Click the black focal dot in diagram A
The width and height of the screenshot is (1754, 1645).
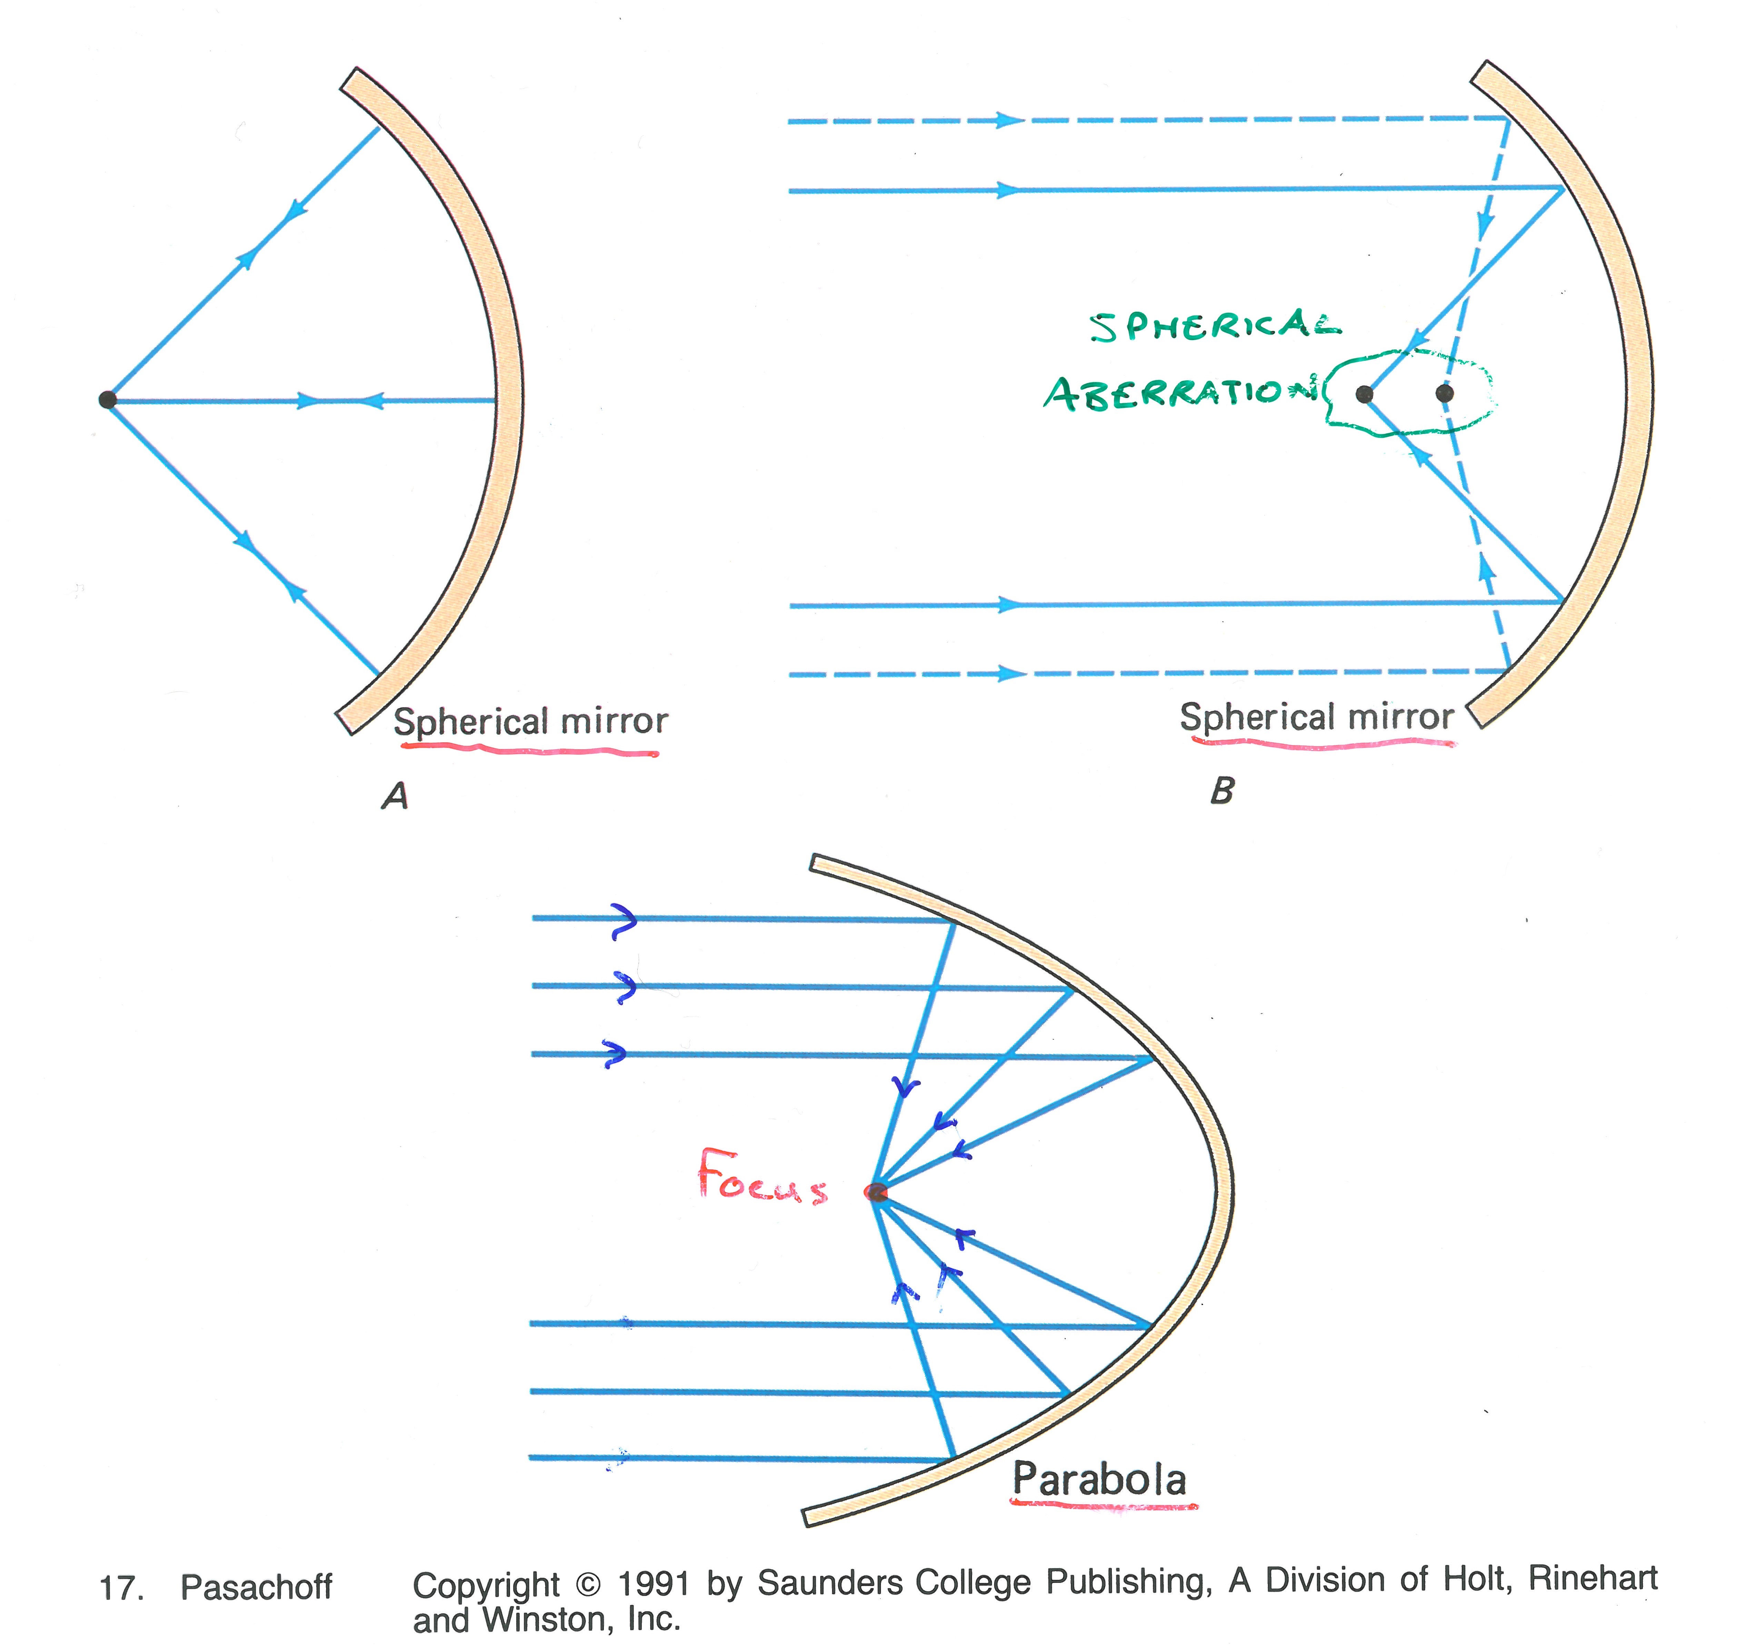[108, 399]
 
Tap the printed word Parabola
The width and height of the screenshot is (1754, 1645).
[1099, 1479]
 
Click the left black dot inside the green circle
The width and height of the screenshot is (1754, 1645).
[1364, 393]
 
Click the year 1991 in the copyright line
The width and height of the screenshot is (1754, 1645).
[653, 1584]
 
